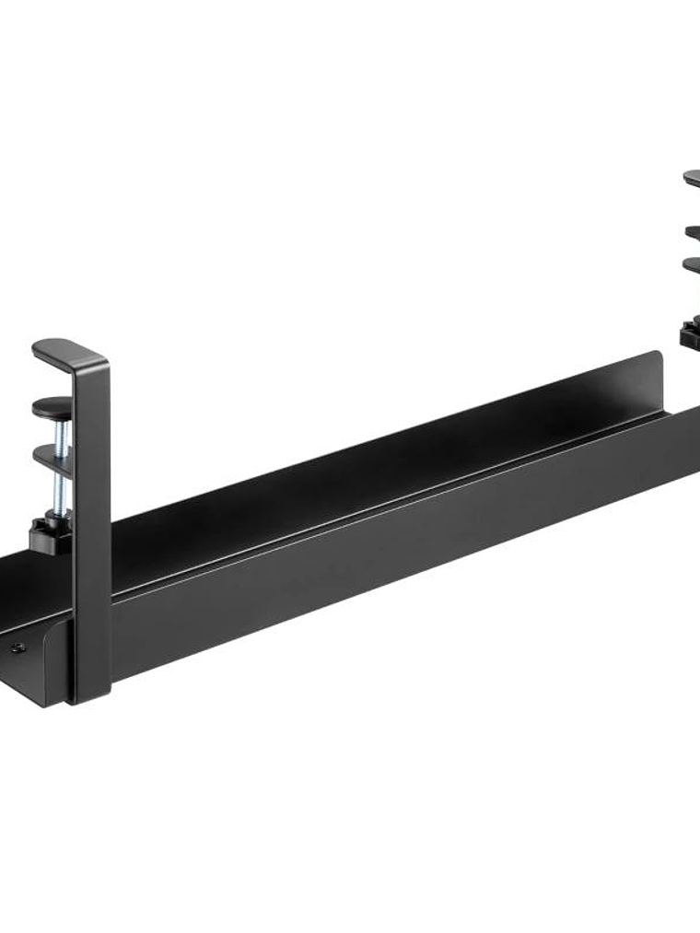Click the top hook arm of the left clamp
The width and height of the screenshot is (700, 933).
(x=64, y=352)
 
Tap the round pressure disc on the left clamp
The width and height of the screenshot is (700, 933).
(x=52, y=404)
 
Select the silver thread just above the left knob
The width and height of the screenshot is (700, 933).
(x=60, y=497)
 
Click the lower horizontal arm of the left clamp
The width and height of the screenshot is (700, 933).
(x=52, y=457)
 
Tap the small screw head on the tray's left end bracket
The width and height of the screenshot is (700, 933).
(x=17, y=647)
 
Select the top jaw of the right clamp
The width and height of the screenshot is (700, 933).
(x=692, y=178)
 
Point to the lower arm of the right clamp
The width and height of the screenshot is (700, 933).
(x=692, y=265)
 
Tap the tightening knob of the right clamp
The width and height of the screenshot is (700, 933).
(x=691, y=332)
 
